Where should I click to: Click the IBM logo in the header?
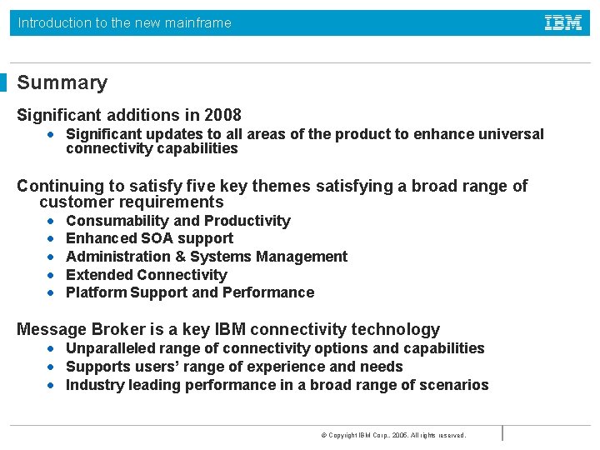[563, 23]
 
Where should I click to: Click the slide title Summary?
[62, 82]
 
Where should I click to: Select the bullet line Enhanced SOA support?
[149, 238]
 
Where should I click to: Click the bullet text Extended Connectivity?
[146, 274]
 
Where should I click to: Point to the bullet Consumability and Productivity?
[177, 221]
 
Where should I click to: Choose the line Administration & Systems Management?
[206, 257]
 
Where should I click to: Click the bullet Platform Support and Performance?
[190, 292]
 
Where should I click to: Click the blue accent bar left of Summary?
[3, 82]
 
